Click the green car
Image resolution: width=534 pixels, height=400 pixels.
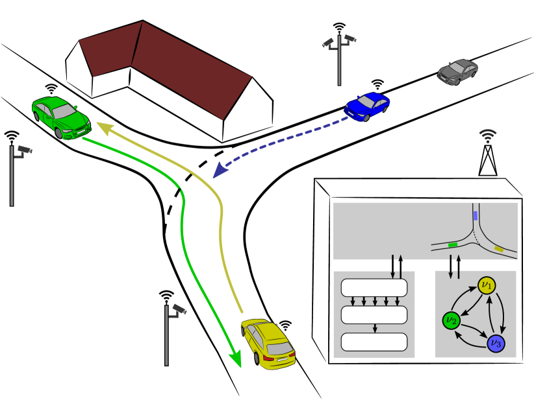(60, 117)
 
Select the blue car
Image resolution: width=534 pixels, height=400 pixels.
(367, 106)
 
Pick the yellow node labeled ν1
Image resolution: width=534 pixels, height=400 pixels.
(487, 285)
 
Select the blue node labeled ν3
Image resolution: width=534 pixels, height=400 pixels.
(496, 342)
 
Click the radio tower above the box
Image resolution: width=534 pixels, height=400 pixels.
(487, 158)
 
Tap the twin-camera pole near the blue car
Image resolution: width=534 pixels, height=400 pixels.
(339, 58)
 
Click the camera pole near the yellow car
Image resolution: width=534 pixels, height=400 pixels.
(168, 334)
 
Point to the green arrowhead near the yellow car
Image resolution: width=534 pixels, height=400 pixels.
(236, 358)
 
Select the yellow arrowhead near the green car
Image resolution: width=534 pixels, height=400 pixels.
(100, 125)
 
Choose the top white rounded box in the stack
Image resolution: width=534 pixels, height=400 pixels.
(374, 288)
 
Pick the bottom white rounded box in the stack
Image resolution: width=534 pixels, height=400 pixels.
(374, 342)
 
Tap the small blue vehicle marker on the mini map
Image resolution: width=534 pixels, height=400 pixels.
(476, 216)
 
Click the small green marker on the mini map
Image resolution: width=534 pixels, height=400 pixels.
(453, 245)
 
